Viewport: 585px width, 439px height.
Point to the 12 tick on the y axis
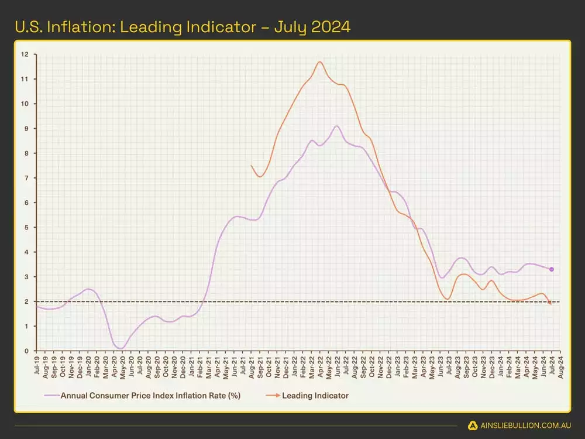(x=25, y=54)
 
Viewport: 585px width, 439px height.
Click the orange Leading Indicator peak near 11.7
(x=320, y=61)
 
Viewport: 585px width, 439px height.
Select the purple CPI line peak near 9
(x=336, y=126)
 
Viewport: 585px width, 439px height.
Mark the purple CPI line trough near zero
(x=121, y=348)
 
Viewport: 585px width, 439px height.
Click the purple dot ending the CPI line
(x=552, y=269)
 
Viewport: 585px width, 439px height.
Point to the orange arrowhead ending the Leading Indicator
(x=550, y=303)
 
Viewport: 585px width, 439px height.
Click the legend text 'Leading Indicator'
(x=315, y=396)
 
